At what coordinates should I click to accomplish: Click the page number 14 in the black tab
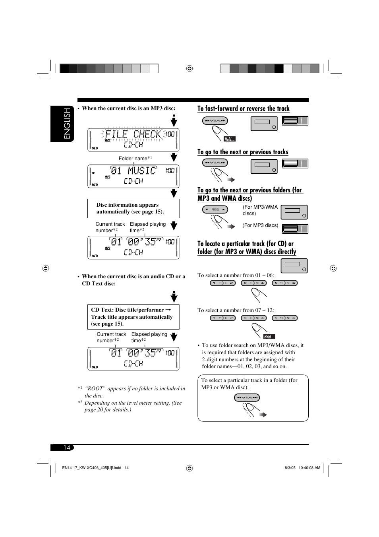click(67, 448)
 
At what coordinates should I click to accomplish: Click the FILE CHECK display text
click(133, 134)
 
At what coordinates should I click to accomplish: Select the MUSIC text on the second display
click(142, 171)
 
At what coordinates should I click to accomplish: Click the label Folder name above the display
click(133, 159)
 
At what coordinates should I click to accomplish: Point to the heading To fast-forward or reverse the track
click(243, 109)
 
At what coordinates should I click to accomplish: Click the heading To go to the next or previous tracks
click(243, 152)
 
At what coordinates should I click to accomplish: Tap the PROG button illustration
click(215, 209)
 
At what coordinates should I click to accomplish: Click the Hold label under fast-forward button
click(230, 139)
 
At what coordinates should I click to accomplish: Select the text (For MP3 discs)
click(260, 225)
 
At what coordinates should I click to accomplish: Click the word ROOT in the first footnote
click(95, 389)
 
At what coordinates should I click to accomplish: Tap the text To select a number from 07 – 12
click(236, 310)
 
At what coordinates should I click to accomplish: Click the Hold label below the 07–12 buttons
click(269, 337)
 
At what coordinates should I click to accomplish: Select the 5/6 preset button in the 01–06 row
click(285, 283)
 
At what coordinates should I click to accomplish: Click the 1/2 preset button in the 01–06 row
click(222, 283)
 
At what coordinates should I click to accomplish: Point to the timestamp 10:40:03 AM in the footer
click(309, 468)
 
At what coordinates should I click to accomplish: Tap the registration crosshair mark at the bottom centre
click(189, 468)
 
